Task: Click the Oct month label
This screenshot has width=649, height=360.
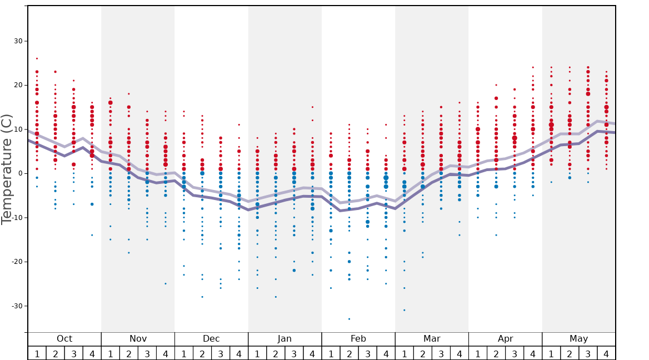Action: pos(64,339)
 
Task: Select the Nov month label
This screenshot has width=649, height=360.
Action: pos(138,339)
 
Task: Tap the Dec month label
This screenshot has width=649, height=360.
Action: pos(211,339)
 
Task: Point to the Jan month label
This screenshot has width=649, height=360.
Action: pos(284,339)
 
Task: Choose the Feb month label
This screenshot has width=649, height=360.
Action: pos(358,339)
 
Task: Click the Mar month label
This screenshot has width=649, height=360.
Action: pos(432,339)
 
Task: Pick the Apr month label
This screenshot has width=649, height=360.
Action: pos(505,339)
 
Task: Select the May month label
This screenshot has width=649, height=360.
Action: pos(578,339)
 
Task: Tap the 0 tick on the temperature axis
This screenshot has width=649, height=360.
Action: pos(19,173)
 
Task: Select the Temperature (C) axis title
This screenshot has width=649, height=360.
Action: pos(7,169)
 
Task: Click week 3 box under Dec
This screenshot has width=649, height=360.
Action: pos(221,353)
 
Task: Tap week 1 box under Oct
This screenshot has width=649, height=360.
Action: pos(37,353)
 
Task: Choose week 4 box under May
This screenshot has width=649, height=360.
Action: pos(606,353)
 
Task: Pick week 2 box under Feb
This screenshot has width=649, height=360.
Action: pos(349,353)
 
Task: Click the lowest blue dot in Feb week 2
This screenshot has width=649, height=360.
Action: pos(349,319)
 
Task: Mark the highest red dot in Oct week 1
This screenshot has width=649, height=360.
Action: pos(37,58)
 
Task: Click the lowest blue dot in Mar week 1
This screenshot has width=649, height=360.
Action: pos(404,310)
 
